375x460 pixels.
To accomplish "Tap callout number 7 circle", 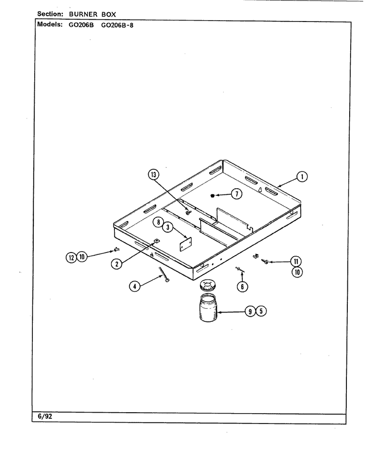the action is click(x=237, y=193).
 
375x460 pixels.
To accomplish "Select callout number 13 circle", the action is click(x=153, y=175).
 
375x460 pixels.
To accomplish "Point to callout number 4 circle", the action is click(x=135, y=286).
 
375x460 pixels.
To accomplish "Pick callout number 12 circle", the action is click(x=71, y=258).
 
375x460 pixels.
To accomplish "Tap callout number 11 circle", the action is click(x=296, y=261).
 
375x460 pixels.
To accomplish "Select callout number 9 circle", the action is click(x=250, y=311).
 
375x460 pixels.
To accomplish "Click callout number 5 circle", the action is click(x=261, y=311).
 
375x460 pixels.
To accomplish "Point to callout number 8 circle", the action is click(x=158, y=222).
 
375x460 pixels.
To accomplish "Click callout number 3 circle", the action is click(x=168, y=227).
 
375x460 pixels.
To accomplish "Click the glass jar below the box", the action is click(x=208, y=308).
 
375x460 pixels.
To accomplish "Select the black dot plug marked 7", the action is click(x=213, y=196).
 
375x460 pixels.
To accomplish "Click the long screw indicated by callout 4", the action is click(x=164, y=275).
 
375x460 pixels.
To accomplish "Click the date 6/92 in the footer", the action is click(x=45, y=416).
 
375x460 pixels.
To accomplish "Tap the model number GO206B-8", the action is click(x=117, y=25).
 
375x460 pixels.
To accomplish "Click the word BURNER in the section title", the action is click(x=83, y=14).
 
